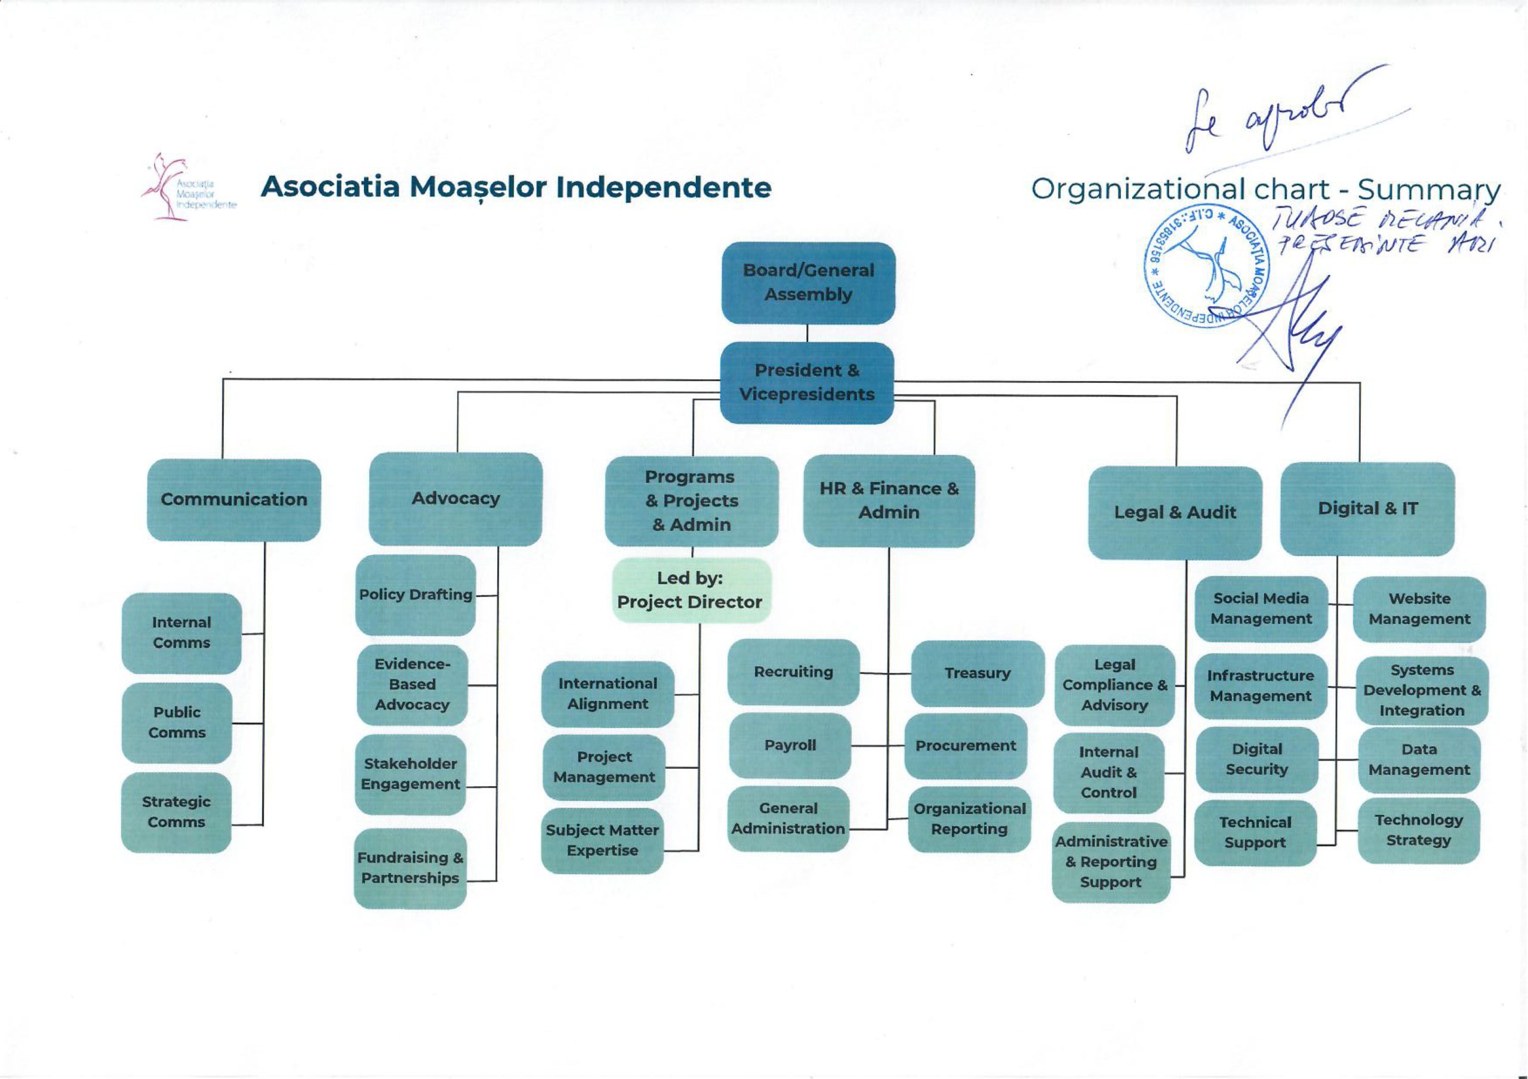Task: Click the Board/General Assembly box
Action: [x=808, y=283]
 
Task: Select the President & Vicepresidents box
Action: [x=806, y=382]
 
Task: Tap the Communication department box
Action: [x=233, y=500]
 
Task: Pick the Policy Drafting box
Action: [x=415, y=595]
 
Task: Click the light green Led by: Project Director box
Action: [x=690, y=590]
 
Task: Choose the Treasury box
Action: [x=977, y=673]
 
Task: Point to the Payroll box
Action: [x=790, y=746]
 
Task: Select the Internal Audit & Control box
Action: [x=1109, y=772]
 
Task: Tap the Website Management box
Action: [x=1419, y=608]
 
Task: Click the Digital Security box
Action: [x=1256, y=760]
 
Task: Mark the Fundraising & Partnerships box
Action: [x=410, y=867]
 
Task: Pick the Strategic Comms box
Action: [x=176, y=812]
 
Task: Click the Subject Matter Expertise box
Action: [x=602, y=840]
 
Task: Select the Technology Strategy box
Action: [x=1418, y=830]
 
